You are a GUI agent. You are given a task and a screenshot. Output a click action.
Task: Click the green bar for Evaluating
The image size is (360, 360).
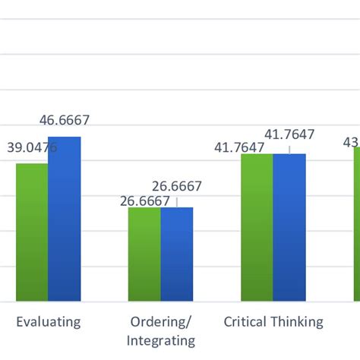[x=32, y=232]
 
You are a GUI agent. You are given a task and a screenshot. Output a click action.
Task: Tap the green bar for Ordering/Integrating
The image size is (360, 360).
[x=144, y=254]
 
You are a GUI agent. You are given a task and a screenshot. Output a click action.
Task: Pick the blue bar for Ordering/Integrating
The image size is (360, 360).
[x=177, y=254]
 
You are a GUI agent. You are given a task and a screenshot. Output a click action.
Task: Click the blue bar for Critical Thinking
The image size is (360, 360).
[x=289, y=228]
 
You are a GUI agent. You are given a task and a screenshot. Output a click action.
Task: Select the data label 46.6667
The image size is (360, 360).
[x=65, y=119]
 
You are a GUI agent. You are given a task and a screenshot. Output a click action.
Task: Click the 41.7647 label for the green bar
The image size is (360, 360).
[x=238, y=147]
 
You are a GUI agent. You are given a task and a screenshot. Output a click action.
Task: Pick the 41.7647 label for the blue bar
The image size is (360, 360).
[x=289, y=134]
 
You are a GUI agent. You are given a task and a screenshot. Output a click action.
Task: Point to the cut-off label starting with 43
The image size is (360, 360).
[x=352, y=141]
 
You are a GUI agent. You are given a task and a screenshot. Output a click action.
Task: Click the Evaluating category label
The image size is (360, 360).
[x=49, y=321]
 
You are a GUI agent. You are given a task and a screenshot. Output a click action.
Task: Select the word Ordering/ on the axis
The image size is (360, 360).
[x=160, y=321]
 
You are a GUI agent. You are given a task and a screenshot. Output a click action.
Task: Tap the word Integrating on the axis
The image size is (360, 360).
[x=160, y=340]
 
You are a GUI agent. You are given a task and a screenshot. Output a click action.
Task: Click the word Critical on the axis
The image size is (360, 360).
[x=245, y=321]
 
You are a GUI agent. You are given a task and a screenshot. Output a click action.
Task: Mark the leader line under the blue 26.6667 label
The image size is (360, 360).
[x=177, y=201]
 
